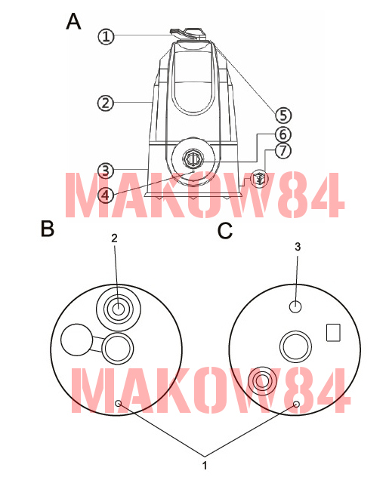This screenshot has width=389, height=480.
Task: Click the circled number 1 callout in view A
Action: pos(106,37)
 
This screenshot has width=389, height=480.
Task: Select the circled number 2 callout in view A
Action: pos(105,103)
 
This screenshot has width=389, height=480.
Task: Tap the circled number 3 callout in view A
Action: pos(105,171)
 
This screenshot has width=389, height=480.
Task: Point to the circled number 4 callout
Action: pos(105,195)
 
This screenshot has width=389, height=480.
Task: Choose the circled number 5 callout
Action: pos(283,115)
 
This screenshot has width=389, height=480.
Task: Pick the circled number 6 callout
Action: pos(283,134)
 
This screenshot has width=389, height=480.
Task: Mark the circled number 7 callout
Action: pos(283,150)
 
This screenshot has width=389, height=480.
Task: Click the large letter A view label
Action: pos(73,21)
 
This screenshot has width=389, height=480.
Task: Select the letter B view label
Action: pos(48,229)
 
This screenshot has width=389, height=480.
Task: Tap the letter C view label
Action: pos(225,231)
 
